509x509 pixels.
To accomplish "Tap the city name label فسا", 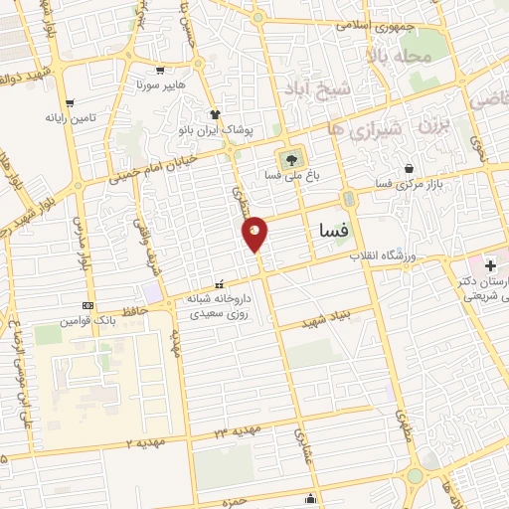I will coord(329,231).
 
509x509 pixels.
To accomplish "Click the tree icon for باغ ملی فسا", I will coord(291,157).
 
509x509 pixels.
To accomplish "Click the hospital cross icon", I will coord(488,265).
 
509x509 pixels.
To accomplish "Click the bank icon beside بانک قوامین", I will coord(89,305).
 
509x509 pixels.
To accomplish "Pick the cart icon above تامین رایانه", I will coord(69,102).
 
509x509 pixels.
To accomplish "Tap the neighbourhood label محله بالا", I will coord(407,57).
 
